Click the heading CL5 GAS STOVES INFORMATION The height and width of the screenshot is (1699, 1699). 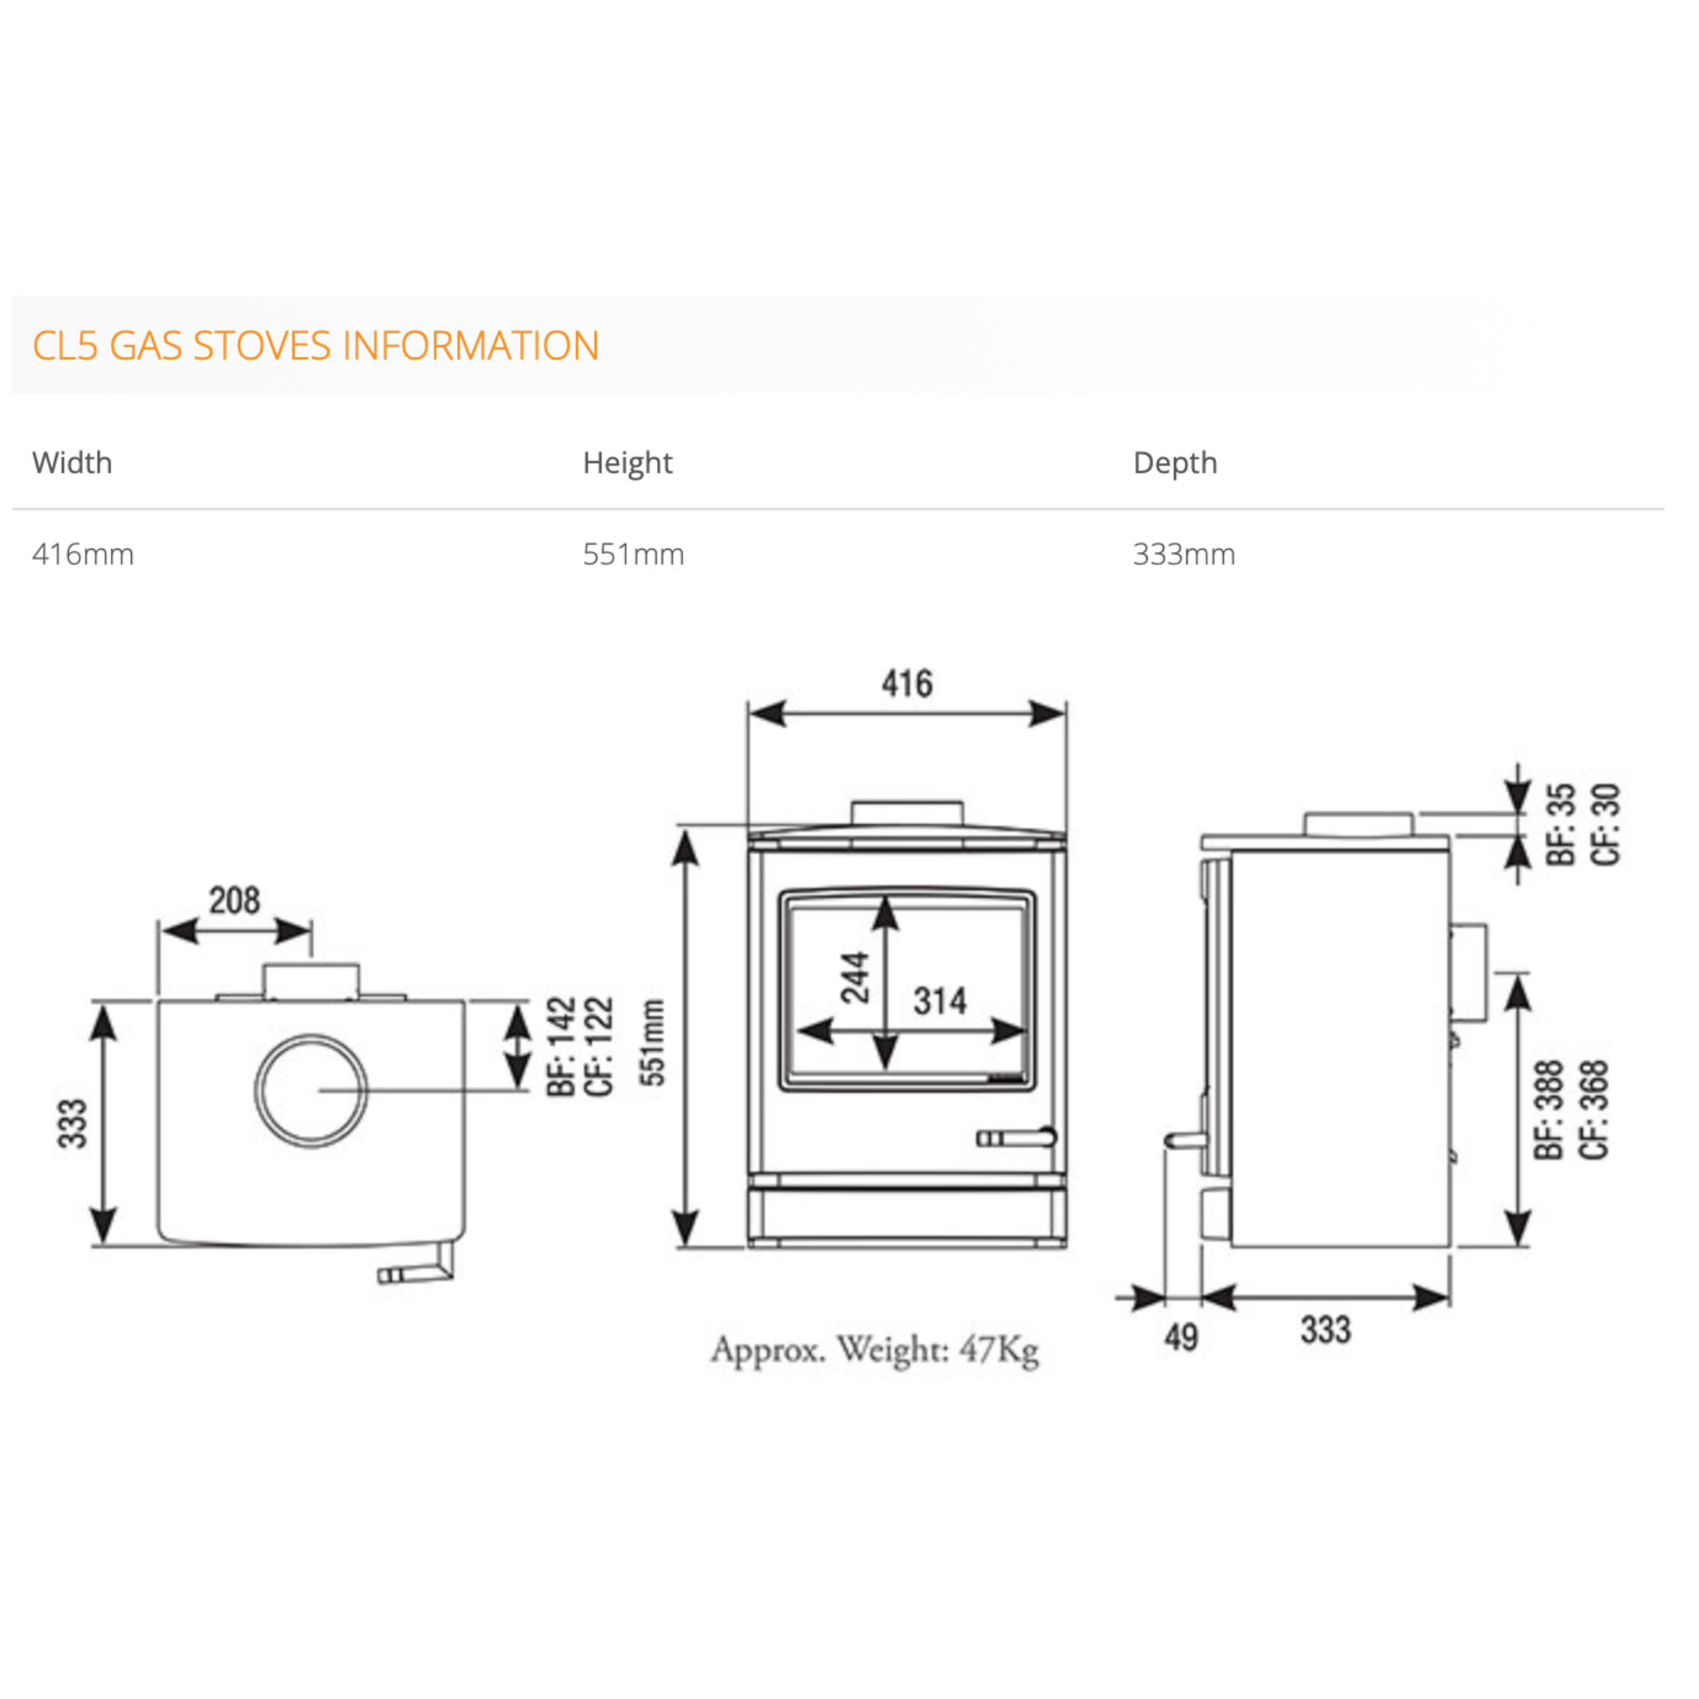click(x=315, y=346)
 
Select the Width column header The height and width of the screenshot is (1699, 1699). click(x=72, y=462)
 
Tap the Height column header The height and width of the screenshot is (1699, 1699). click(x=627, y=463)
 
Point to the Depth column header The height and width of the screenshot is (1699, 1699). click(x=1175, y=463)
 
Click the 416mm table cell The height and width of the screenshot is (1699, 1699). click(x=83, y=554)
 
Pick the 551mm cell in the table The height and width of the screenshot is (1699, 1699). click(x=633, y=554)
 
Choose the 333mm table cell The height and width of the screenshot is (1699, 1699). click(x=1184, y=554)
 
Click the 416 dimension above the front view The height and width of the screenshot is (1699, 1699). click(x=907, y=683)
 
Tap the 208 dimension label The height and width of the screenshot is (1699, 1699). click(x=234, y=900)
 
